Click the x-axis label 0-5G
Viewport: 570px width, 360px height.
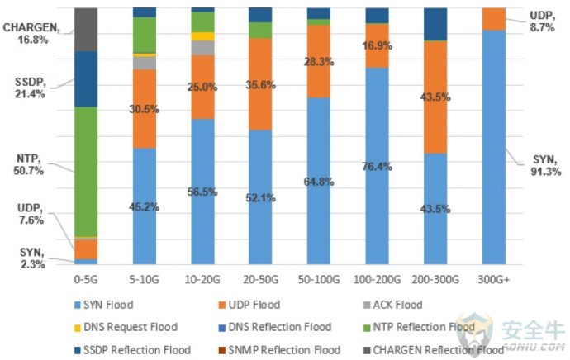pos(86,281)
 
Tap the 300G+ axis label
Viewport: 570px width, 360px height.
pos(494,281)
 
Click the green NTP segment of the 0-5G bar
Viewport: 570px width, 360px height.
pos(86,171)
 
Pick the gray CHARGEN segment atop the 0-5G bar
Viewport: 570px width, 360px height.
pos(86,29)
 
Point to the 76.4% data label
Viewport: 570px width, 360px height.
pos(378,166)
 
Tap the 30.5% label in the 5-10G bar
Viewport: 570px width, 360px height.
pos(145,109)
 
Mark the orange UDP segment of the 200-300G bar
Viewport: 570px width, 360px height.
pos(435,97)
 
